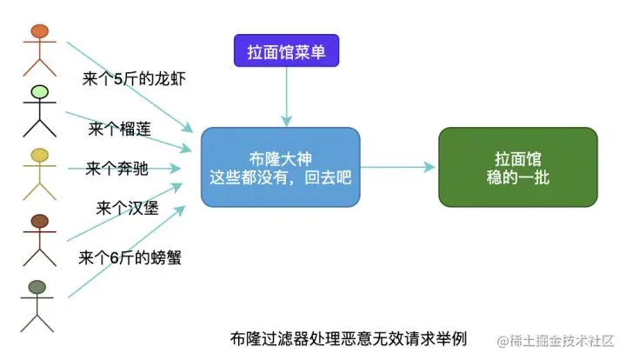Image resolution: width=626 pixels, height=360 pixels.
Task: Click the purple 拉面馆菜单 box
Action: click(285, 51)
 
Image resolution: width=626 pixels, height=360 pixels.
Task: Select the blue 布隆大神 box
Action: click(280, 167)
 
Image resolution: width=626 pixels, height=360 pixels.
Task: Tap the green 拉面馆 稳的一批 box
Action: click(517, 167)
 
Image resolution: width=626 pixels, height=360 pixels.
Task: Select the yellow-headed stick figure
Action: click(38, 175)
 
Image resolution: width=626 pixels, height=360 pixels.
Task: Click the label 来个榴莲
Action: click(120, 130)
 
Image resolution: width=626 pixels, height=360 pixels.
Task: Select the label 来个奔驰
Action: click(117, 169)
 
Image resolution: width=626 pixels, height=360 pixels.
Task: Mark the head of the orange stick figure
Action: click(38, 32)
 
